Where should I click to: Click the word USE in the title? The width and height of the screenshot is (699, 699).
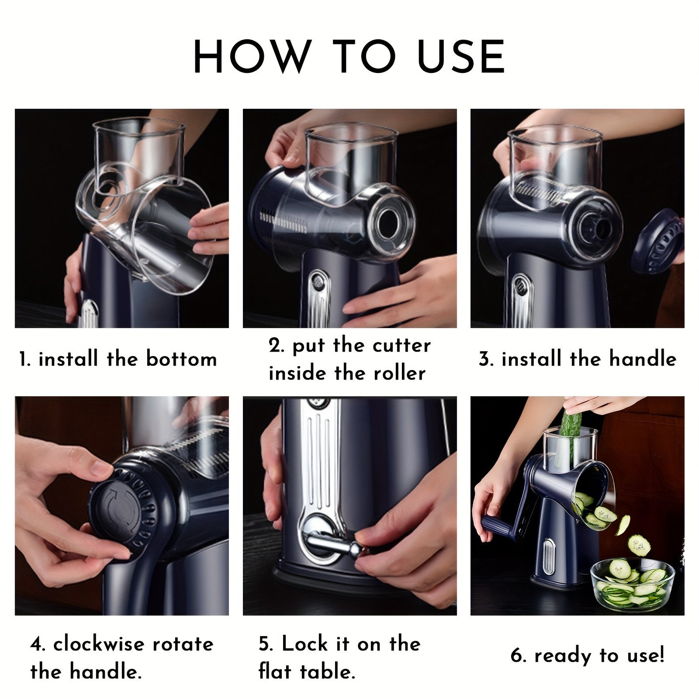(x=462, y=57)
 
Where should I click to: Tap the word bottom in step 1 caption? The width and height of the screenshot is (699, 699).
(x=181, y=360)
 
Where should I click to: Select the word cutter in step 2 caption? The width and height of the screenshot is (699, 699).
(x=401, y=346)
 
